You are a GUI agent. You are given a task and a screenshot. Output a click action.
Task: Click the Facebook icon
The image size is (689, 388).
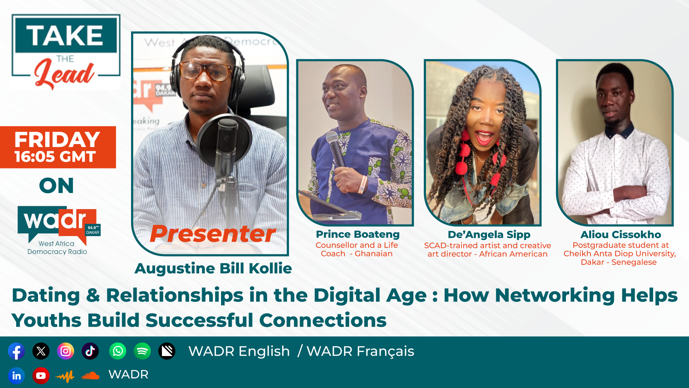(17, 351)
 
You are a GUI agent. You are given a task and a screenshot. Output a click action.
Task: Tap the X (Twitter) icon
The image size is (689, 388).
(41, 351)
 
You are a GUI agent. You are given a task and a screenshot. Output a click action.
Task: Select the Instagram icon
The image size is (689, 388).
(66, 351)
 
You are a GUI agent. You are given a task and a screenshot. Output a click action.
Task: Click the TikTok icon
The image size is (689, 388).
(90, 351)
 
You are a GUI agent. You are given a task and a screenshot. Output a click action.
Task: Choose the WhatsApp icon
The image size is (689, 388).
(118, 351)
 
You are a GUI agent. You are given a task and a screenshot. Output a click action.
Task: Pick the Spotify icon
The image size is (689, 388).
(142, 351)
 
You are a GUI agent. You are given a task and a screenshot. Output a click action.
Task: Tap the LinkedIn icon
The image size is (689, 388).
(17, 376)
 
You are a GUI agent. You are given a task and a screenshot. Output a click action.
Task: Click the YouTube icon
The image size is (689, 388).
(41, 376)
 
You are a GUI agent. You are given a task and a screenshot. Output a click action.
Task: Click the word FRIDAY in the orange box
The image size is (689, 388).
(57, 139)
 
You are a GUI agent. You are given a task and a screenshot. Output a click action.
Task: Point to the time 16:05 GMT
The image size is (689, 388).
(55, 157)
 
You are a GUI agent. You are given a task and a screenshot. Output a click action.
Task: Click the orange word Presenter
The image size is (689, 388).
(213, 234)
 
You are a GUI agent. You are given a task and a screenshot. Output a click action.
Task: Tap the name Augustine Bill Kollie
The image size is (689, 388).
(213, 268)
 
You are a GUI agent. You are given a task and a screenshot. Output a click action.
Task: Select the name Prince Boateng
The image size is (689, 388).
(358, 234)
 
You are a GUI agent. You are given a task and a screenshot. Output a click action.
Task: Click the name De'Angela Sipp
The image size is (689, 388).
(489, 235)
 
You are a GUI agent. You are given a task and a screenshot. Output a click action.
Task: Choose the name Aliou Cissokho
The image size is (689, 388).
(621, 235)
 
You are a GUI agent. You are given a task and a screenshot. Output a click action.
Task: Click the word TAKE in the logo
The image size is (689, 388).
(65, 35)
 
